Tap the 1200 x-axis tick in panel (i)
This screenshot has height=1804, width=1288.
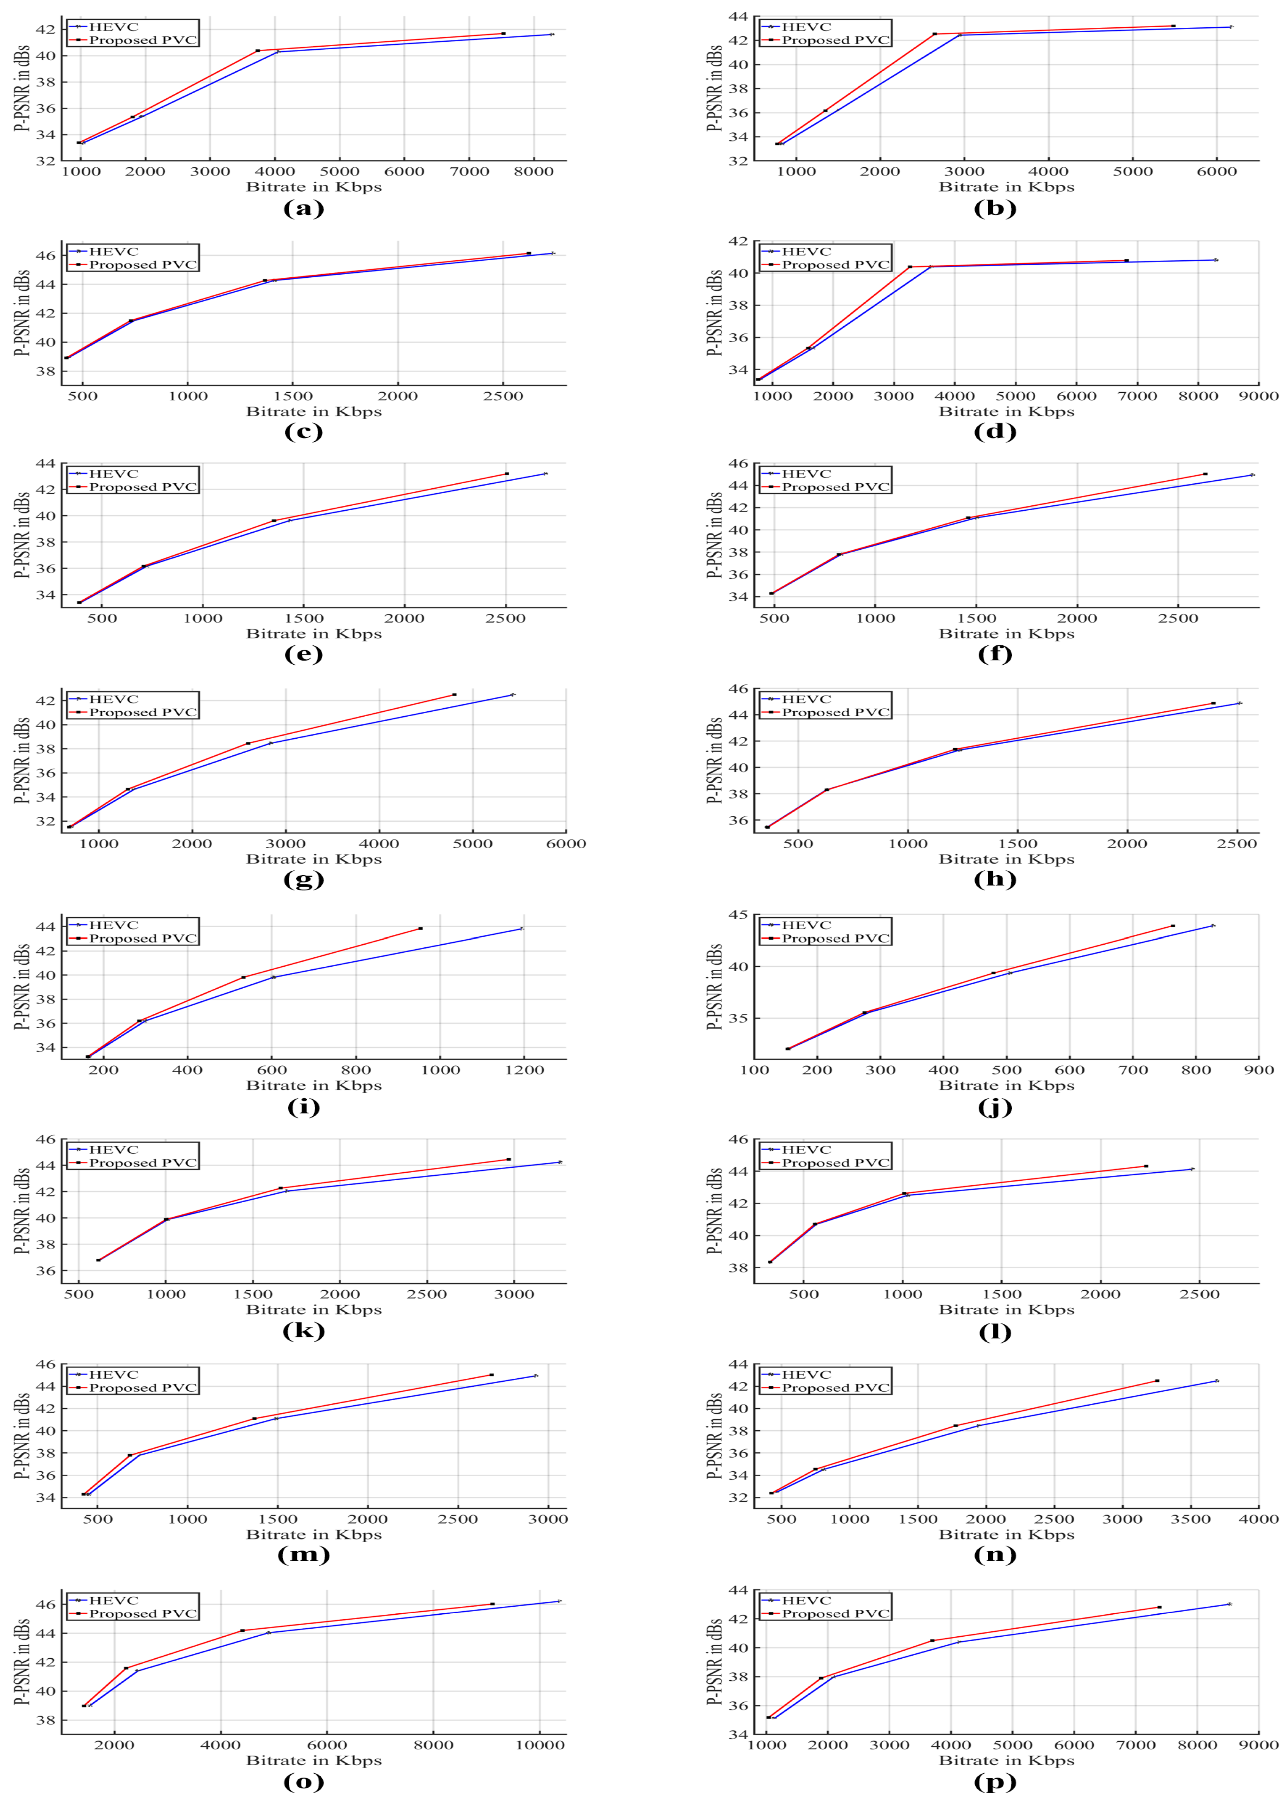click(x=524, y=1070)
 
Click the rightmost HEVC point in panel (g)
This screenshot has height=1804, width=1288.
click(x=512, y=695)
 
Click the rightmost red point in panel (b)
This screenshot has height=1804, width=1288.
click(x=1173, y=26)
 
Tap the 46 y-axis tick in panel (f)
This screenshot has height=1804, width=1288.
click(x=738, y=463)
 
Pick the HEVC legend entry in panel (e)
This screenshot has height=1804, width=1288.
click(x=113, y=473)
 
